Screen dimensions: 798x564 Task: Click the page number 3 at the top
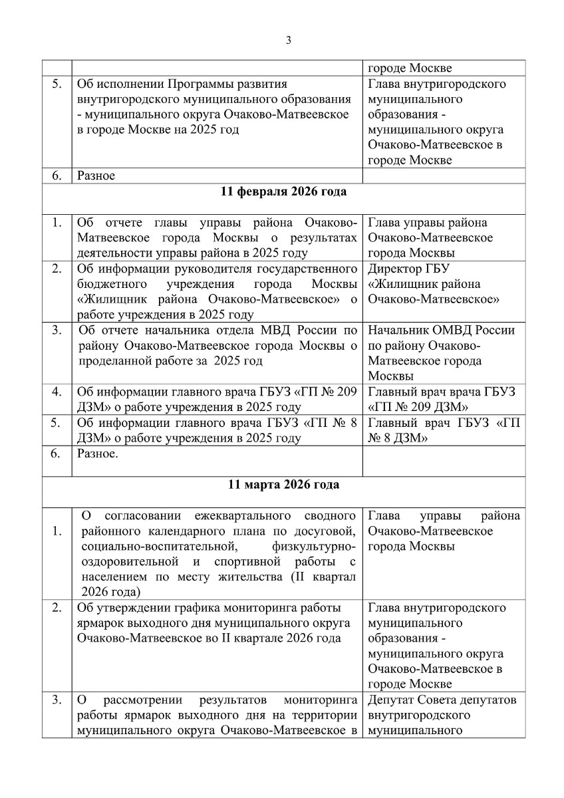click(x=288, y=40)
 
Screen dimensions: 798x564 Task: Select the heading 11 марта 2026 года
click(x=283, y=484)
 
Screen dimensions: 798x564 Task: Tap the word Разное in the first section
click(x=96, y=176)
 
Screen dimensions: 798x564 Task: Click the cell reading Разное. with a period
click(x=98, y=454)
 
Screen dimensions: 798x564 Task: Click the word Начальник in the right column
click(x=398, y=330)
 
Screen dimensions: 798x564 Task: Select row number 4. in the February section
click(x=57, y=391)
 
